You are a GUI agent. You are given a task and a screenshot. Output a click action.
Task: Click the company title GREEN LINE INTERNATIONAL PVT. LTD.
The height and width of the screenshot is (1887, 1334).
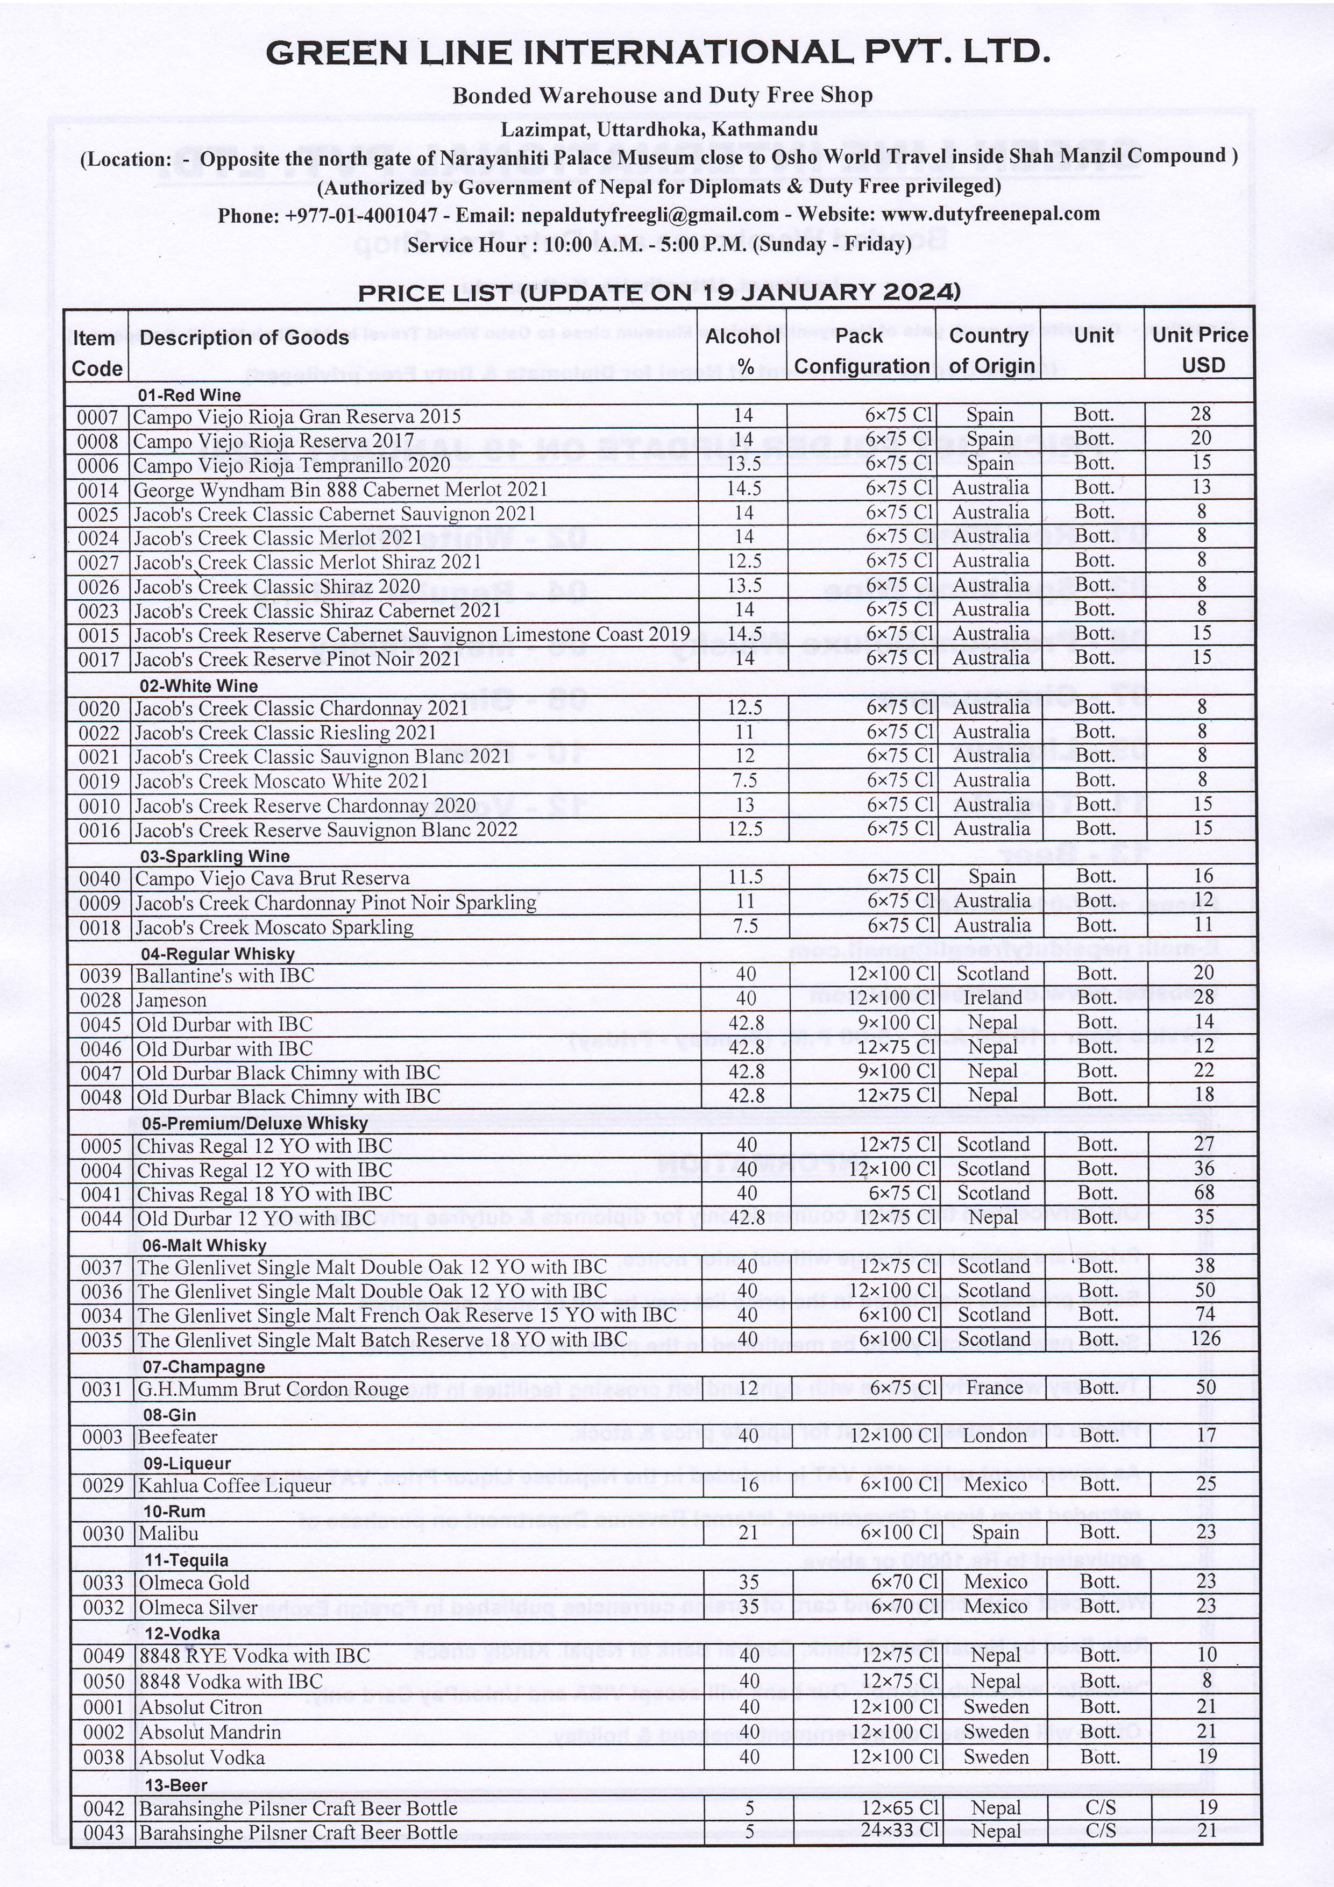pyautogui.click(x=657, y=53)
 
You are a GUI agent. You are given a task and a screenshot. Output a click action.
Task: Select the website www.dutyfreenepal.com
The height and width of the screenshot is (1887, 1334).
pyautogui.click(x=990, y=215)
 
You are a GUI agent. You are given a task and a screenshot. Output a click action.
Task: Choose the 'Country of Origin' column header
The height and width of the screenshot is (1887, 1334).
pyautogui.click(x=989, y=351)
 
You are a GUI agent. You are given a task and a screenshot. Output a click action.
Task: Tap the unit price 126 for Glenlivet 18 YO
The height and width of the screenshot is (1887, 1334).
pyautogui.click(x=1205, y=1339)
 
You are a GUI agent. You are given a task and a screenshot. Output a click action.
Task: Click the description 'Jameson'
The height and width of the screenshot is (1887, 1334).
pyautogui.click(x=171, y=1000)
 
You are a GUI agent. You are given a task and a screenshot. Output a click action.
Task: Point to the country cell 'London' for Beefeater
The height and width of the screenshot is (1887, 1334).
pyautogui.click(x=995, y=1436)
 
